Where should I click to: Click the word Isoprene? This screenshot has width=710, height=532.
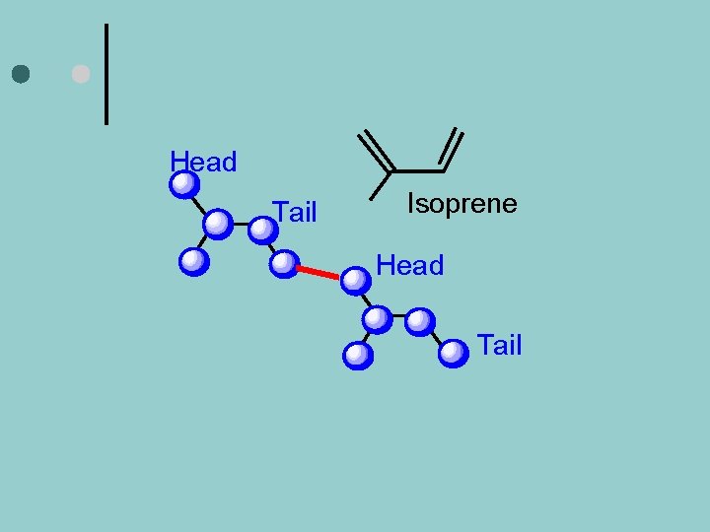coord(461,204)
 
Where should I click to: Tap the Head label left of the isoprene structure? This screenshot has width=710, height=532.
coord(203,162)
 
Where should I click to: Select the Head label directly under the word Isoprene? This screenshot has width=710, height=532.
coord(410,265)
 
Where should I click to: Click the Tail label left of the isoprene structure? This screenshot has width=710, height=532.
coord(295,212)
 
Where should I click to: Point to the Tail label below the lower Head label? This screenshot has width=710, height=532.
coord(499,346)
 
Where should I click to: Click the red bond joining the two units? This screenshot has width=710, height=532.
coord(319,272)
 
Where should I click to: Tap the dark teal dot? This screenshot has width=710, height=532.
coord(22,74)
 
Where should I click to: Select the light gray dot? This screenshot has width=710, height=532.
coord(81,74)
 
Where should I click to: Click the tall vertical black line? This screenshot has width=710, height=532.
coord(106,74)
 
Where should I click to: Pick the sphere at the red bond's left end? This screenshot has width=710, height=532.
coord(284,263)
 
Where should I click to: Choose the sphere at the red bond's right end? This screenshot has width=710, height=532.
coord(355,282)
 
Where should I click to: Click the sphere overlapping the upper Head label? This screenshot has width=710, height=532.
coord(184,185)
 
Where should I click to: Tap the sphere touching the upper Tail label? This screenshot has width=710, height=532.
coord(262,230)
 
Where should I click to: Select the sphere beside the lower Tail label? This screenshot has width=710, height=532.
coord(454,353)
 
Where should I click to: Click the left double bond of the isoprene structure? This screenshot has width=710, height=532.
coord(375,150)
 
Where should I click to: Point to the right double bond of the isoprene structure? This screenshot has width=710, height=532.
coord(452,150)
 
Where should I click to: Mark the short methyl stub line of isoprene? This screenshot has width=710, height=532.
coord(380,184)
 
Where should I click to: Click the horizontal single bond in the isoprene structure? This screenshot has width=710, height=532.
coord(418,171)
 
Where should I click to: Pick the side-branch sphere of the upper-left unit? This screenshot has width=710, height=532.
coord(195,261)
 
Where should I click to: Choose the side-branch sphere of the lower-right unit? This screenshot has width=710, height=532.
coord(358,355)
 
